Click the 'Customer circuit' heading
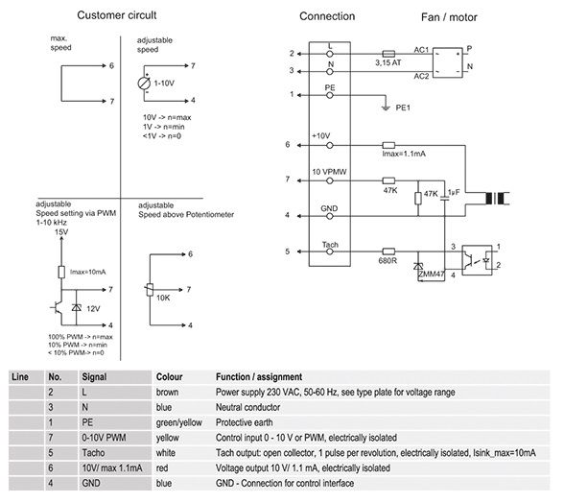(x=117, y=15)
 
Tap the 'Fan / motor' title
(x=449, y=17)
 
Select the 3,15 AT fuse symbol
(x=388, y=54)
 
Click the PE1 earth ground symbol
(x=386, y=108)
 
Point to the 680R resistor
(x=388, y=251)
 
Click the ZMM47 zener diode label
(x=432, y=274)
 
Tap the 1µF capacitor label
(x=454, y=193)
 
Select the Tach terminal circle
(x=330, y=251)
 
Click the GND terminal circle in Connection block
(x=330, y=216)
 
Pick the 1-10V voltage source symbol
(x=144, y=84)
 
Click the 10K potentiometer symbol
(x=150, y=290)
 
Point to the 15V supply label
(x=61, y=232)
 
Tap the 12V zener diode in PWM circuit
(x=77, y=307)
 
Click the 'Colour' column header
(x=170, y=377)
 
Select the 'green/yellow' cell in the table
(x=178, y=422)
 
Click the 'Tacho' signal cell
(x=93, y=453)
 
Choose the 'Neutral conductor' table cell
(x=247, y=407)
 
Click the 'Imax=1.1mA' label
(x=404, y=154)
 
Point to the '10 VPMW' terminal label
(x=329, y=172)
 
